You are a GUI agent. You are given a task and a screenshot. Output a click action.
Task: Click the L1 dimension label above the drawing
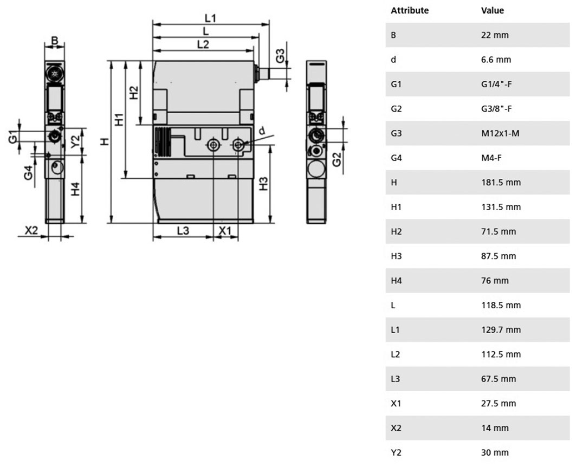(x=210, y=18)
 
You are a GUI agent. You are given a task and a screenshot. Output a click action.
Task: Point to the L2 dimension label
(x=203, y=44)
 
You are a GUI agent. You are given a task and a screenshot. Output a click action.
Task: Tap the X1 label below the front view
(x=225, y=231)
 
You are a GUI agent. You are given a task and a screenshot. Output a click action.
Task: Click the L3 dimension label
(x=183, y=231)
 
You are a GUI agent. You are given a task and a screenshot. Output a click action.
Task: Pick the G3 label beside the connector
(x=280, y=56)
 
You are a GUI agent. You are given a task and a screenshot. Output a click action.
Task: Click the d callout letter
(x=262, y=131)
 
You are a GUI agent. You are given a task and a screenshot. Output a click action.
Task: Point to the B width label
(x=54, y=40)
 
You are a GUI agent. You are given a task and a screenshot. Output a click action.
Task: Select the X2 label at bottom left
(x=31, y=230)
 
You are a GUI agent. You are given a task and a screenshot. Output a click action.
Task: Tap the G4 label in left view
(x=28, y=173)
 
